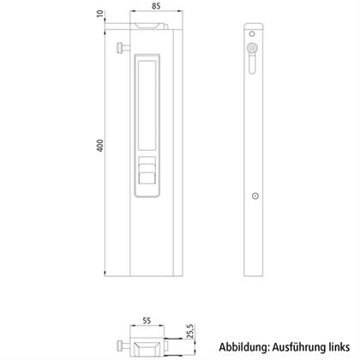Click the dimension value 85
[156, 6]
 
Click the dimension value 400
[100, 146]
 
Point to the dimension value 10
[100, 14]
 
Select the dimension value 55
[147, 321]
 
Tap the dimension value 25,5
[190, 331]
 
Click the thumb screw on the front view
[123, 48]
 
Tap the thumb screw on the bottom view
[123, 346]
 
